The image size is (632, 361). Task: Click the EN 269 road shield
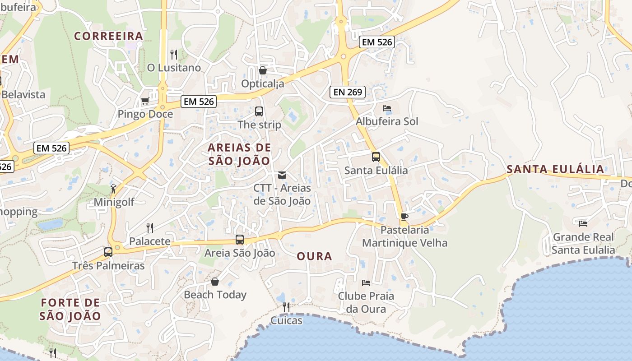coord(347,92)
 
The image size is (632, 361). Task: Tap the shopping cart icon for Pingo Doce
coord(145,101)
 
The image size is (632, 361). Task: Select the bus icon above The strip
coord(259,111)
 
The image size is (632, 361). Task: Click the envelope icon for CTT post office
coord(282,175)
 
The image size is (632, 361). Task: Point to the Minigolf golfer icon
coord(113,189)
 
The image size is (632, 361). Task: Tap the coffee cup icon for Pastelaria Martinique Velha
coord(404,217)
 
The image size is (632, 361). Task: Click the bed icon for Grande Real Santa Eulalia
coord(583,223)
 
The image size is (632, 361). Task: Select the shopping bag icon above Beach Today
coord(215,282)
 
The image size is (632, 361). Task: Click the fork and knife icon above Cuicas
coord(286,307)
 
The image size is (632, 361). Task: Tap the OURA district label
coord(314,256)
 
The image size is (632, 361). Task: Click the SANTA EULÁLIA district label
coord(555,169)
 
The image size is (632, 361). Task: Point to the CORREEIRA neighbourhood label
coord(108,36)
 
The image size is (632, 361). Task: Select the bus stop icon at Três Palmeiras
coord(108,252)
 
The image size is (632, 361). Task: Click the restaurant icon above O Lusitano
coord(174,55)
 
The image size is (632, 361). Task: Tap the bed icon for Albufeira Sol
coord(387,108)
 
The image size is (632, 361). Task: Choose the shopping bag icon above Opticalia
coord(262,70)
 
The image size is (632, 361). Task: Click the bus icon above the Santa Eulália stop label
coord(376,157)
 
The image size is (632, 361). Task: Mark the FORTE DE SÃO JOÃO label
coord(70,309)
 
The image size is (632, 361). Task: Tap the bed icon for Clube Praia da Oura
coord(366,283)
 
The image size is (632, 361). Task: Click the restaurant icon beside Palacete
coord(150,227)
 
